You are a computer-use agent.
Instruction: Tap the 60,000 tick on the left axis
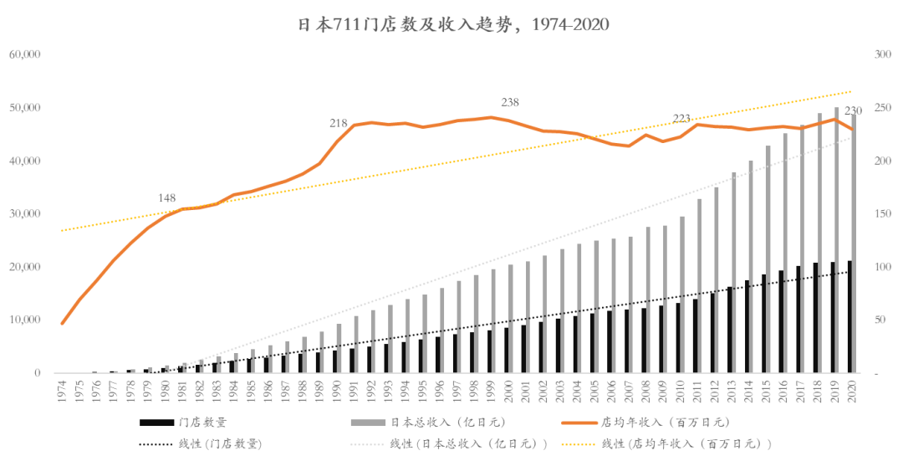tap(25, 54)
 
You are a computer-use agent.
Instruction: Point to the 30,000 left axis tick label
tap(25, 214)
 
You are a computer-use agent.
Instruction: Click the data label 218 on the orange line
tap(339, 123)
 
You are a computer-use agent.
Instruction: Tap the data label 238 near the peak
tap(510, 103)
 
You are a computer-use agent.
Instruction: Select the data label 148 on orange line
tap(166, 198)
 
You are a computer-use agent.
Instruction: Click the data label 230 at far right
tap(853, 112)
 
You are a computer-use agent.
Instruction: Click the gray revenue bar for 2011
tap(699, 284)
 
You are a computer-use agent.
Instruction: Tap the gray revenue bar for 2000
tap(510, 319)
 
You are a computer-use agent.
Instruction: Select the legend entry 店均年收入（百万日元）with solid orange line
tap(661, 423)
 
